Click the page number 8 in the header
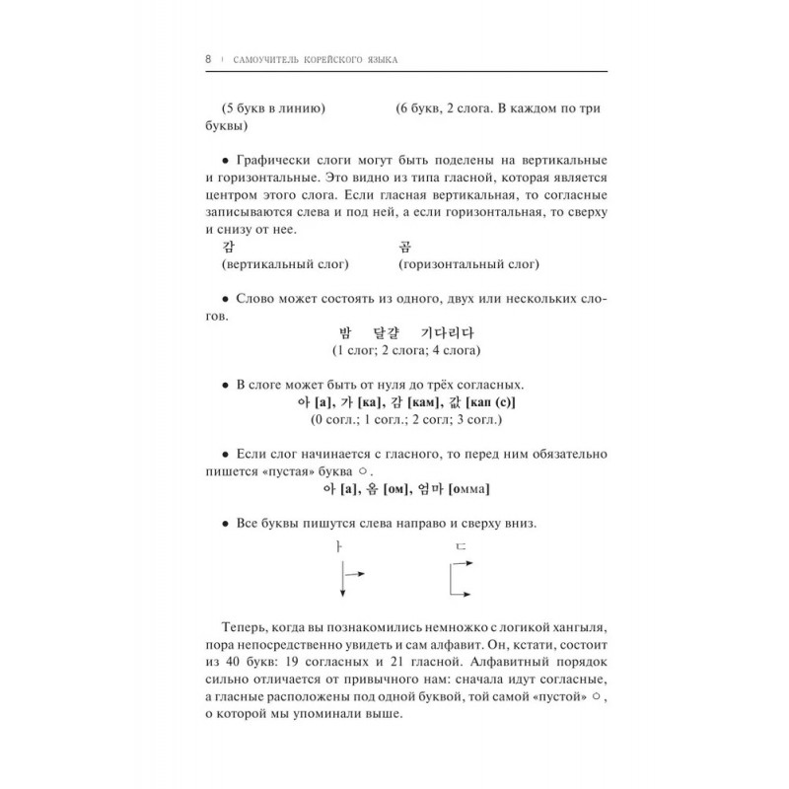pos(208,59)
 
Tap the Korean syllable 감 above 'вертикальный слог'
pos(209,249)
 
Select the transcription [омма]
pos(469,489)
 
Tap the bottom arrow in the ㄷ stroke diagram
pos(466,594)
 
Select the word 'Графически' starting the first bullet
pos(266,160)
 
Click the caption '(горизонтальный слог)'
pos(468,266)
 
